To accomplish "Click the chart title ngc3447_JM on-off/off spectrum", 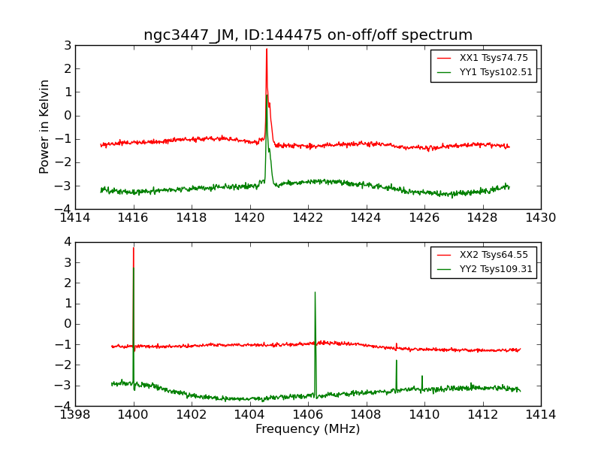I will (308, 35).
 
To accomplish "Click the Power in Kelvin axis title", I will (45, 126).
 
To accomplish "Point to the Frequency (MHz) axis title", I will (308, 429).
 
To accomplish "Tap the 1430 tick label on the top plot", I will (540, 218).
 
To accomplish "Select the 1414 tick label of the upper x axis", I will (75, 218).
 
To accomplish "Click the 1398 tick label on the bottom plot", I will (75, 415).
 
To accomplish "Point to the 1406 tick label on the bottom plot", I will (308, 415).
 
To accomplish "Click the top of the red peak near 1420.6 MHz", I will (267, 50).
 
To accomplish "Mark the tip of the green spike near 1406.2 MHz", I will (315, 292).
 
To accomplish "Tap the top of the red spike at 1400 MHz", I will (134, 248).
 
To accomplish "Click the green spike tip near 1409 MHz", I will (397, 361).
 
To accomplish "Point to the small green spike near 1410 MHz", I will (422, 376).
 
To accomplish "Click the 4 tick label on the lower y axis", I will (67, 242).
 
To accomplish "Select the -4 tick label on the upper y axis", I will (65, 209).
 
